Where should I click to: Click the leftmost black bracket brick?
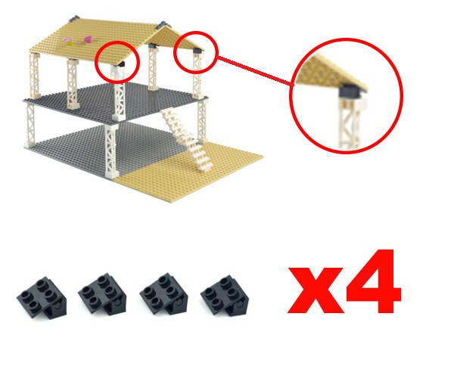(x=42, y=297)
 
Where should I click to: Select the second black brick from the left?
(x=102, y=294)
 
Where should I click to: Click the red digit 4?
(x=374, y=281)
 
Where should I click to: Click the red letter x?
(x=316, y=290)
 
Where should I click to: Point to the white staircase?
(x=188, y=139)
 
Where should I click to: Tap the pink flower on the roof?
(x=88, y=39)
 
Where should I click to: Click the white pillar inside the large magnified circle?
(x=350, y=123)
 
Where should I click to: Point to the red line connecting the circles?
(x=254, y=70)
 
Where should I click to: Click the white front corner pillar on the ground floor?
(x=111, y=151)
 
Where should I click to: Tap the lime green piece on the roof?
(x=69, y=43)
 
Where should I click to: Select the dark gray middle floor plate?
(x=116, y=102)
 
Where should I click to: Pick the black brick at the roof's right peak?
(x=162, y=25)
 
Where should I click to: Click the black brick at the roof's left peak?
(x=74, y=19)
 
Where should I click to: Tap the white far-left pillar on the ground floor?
(x=30, y=124)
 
